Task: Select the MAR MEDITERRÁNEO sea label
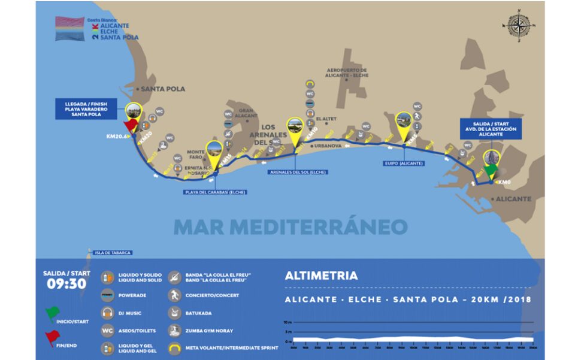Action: click(x=290, y=227)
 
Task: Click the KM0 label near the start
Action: click(x=505, y=182)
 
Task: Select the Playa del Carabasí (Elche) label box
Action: click(x=215, y=192)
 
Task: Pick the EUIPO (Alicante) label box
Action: click(x=404, y=163)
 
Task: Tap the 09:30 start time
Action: click(x=66, y=284)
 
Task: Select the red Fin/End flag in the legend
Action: click(x=52, y=339)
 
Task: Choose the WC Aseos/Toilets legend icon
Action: click(x=108, y=331)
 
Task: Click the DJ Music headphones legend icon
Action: click(x=108, y=313)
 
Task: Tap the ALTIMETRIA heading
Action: click(x=321, y=276)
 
